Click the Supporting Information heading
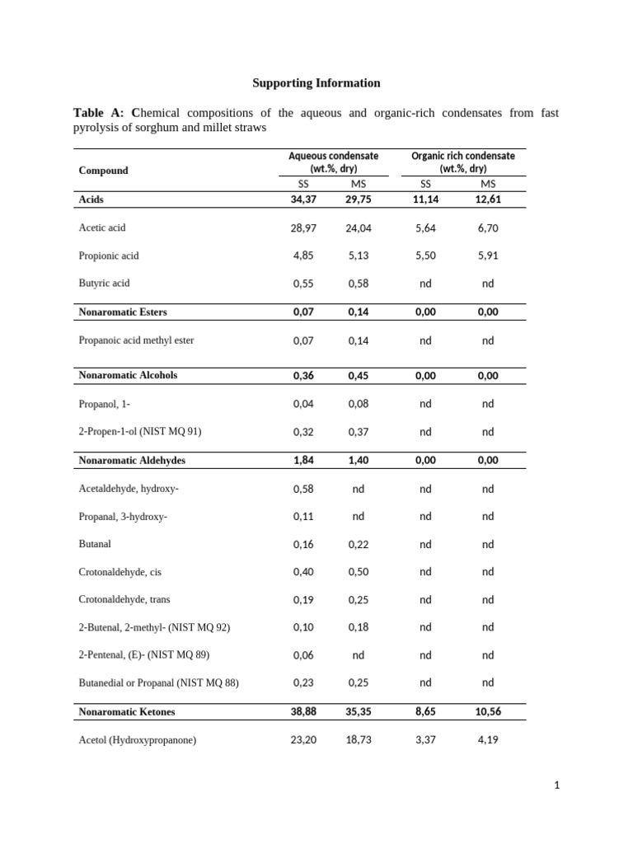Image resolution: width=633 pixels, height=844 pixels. [316, 83]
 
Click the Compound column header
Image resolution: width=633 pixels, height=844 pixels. [103, 171]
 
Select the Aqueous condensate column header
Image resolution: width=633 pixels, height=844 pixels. [333, 162]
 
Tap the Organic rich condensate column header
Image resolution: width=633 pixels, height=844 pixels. [462, 162]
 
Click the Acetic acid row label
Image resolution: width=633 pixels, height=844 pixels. [102, 227]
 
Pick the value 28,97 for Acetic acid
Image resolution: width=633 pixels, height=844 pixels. [303, 228]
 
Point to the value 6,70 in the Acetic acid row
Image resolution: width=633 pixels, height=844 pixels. [488, 228]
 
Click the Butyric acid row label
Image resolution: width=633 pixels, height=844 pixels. [104, 284]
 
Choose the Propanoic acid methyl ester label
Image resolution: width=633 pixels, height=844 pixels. [136, 340]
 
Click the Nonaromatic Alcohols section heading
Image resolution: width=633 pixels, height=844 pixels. [128, 375]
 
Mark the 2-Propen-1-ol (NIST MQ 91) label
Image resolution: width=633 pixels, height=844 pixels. [140, 432]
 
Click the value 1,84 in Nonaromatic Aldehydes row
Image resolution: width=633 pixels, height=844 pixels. [303, 461]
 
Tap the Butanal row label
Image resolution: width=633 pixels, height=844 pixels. [95, 545]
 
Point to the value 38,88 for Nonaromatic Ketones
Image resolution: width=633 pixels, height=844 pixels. [303, 712]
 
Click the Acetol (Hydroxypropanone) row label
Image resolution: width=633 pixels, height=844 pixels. [138, 740]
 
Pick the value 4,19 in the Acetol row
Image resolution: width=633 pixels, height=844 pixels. [488, 740]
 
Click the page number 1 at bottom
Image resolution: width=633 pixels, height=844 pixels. [557, 785]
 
